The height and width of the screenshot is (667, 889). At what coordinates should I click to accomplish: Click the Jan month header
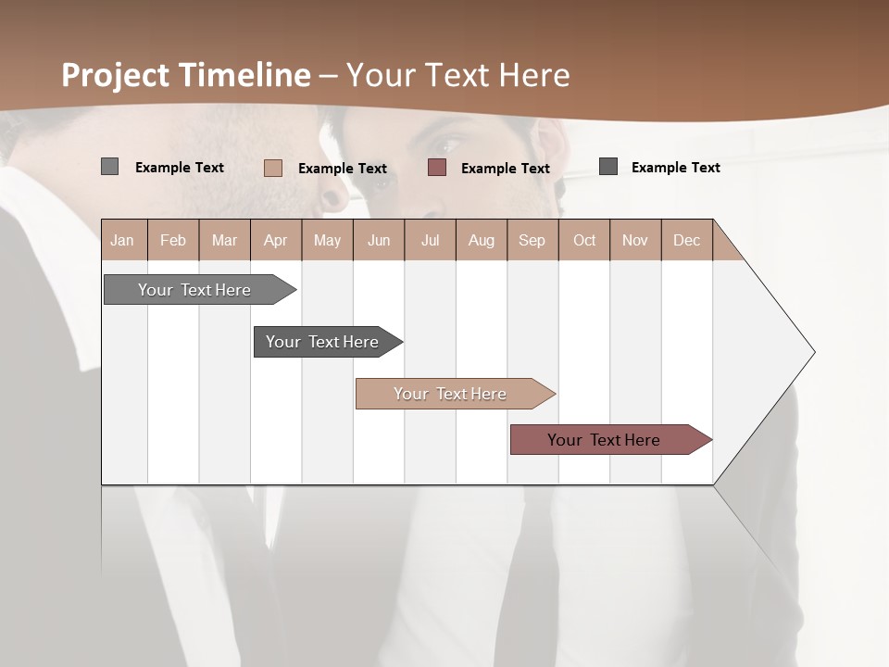(122, 240)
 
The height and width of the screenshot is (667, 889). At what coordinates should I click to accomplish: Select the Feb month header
(173, 240)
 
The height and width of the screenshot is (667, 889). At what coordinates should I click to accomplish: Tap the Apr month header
(275, 240)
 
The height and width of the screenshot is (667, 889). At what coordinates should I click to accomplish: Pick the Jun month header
(379, 240)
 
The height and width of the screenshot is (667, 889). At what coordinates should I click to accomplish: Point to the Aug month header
(482, 240)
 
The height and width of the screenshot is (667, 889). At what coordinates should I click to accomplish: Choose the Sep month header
(532, 240)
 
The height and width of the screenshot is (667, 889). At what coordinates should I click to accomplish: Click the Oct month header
(584, 240)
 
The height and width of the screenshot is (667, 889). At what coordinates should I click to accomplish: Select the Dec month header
(687, 240)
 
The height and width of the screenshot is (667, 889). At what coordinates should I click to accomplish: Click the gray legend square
(109, 167)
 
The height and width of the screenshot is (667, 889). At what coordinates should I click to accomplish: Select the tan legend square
(272, 168)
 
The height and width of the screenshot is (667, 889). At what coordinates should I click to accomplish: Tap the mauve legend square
(437, 168)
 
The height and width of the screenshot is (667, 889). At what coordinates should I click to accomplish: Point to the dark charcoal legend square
(607, 167)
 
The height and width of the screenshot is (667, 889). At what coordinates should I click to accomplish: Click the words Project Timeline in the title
(185, 75)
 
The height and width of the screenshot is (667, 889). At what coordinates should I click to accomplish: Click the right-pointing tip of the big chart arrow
(812, 352)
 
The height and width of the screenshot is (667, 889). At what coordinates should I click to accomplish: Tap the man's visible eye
(445, 146)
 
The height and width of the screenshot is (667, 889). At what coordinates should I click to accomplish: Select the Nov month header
(635, 240)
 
